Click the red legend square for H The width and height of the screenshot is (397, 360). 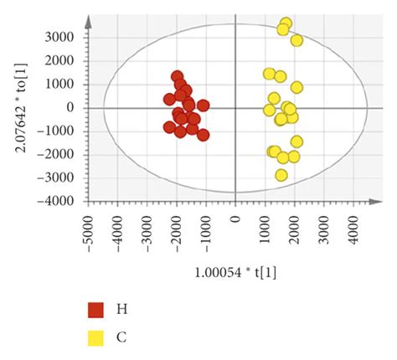(96, 310)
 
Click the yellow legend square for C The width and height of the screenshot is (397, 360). (96, 337)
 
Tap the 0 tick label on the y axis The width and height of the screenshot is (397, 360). (76, 108)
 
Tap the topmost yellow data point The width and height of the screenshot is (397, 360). (286, 23)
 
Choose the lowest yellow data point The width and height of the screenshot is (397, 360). (281, 175)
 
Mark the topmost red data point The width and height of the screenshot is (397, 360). (178, 76)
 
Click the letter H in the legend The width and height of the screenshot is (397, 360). (121, 310)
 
